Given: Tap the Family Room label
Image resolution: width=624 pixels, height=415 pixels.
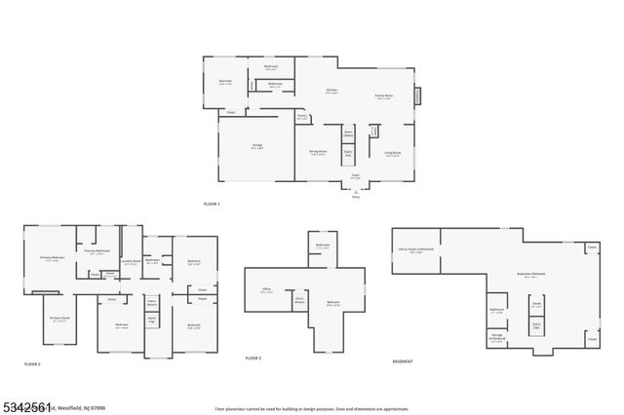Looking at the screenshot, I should click(383, 96).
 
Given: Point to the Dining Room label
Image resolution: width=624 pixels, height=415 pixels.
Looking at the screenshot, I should click(318, 152).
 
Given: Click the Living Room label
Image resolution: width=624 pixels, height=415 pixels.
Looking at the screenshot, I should click(393, 152).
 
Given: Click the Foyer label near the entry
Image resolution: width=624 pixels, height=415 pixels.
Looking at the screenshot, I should click(356, 176).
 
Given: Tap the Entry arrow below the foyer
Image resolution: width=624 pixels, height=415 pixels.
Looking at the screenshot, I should click(356, 194).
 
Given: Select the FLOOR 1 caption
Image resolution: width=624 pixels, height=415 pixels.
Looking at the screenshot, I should click(212, 204).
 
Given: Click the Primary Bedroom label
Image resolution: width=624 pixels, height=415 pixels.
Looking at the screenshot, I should click(52, 258).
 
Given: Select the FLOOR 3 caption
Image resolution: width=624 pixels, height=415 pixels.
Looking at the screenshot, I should click(253, 358).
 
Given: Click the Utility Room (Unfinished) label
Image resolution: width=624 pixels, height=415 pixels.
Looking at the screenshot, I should click(409, 252).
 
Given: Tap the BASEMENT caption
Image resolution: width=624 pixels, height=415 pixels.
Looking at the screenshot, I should click(402, 362).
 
